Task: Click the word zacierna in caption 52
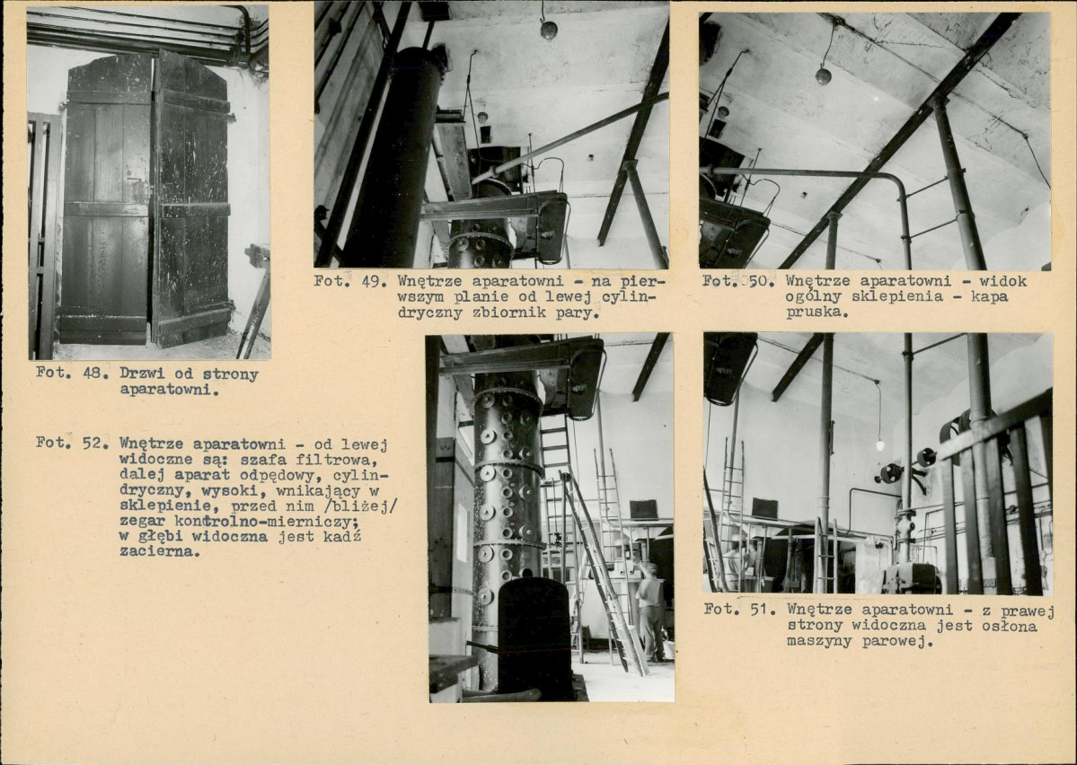click(159, 551)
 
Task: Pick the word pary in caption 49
click(582, 313)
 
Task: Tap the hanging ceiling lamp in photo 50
click(823, 75)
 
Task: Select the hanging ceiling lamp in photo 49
click(548, 30)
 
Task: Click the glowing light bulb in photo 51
click(880, 445)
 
